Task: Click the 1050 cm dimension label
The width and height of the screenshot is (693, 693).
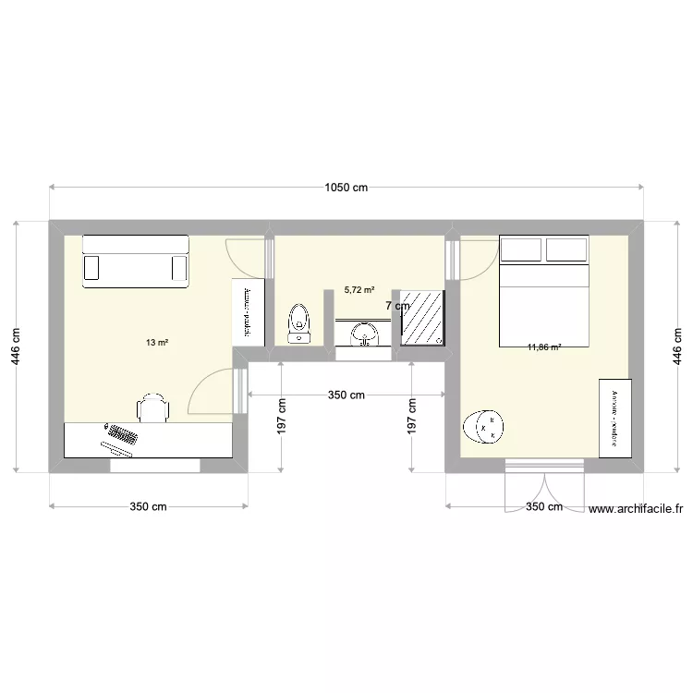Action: tap(346, 188)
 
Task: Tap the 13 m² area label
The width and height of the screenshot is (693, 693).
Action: tap(156, 343)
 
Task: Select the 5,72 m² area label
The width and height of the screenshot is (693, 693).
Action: tap(359, 289)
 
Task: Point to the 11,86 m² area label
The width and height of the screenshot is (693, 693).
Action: tap(544, 347)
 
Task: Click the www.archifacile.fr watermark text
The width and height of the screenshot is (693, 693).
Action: tap(635, 508)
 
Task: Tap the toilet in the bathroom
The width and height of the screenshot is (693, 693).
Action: tap(298, 323)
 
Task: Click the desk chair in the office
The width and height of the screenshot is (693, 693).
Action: tap(153, 407)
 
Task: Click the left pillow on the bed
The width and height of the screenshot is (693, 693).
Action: tap(521, 249)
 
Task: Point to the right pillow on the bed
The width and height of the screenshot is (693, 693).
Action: tap(566, 249)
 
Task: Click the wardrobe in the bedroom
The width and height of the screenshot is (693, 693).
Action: tap(614, 417)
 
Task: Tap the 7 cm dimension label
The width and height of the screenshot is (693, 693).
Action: tap(397, 306)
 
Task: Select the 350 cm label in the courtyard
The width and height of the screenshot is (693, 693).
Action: tap(346, 395)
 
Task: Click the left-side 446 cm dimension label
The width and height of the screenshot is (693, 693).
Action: tap(17, 346)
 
